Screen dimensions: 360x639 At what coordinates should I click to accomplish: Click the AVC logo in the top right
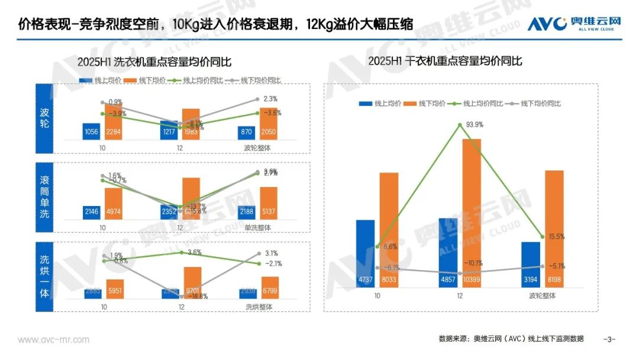(x=574, y=23)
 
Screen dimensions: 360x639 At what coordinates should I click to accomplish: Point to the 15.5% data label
(x=556, y=236)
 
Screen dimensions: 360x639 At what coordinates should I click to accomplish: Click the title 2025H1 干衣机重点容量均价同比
(x=445, y=61)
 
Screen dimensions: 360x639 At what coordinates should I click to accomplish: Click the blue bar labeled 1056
(x=91, y=131)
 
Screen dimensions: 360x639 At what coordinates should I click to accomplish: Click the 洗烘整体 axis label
(x=259, y=307)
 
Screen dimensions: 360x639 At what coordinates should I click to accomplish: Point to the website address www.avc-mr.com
(x=53, y=339)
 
